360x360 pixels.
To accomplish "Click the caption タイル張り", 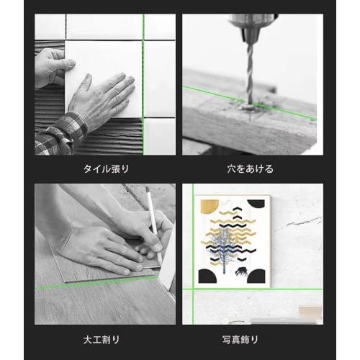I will (x=106, y=168).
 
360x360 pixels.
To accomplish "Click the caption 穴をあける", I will (x=248, y=168).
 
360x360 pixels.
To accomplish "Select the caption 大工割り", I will (x=106, y=338).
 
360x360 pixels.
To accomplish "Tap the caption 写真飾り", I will (x=248, y=338).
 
